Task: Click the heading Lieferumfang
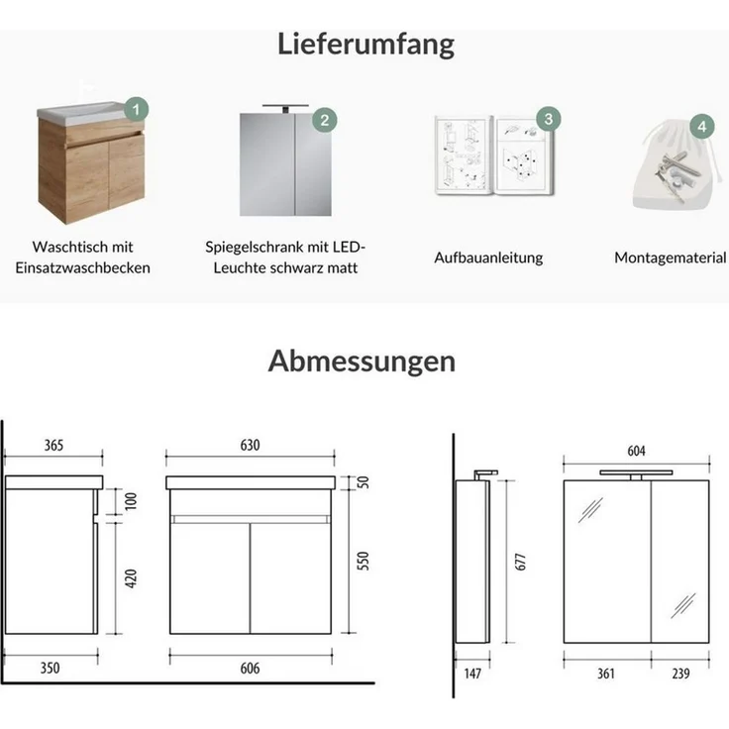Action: pyautogui.click(x=365, y=44)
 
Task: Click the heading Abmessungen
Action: pyautogui.click(x=362, y=361)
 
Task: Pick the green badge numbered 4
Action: pyautogui.click(x=701, y=127)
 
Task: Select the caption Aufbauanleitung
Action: pyautogui.click(x=488, y=258)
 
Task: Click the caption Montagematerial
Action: pyautogui.click(x=670, y=258)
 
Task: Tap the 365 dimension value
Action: pyautogui.click(x=53, y=446)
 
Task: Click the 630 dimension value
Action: pyautogui.click(x=250, y=446)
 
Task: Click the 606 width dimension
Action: pyautogui.click(x=250, y=669)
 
